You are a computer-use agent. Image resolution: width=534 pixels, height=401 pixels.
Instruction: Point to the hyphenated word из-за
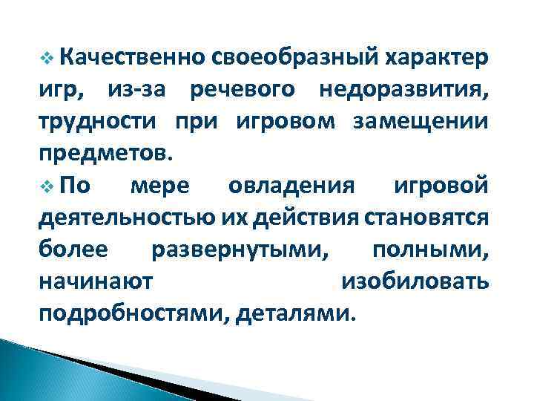[139, 91]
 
